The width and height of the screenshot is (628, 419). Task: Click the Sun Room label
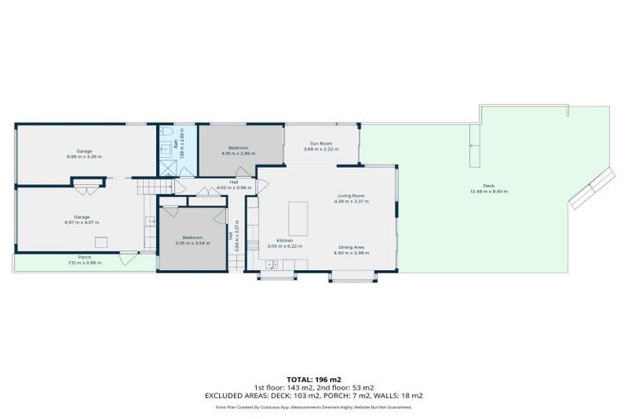[x=320, y=142]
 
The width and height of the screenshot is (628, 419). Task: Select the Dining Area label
[x=352, y=246]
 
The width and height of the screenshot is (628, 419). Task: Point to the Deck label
[x=488, y=186]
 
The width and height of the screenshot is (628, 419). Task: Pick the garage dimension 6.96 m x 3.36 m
[x=84, y=156]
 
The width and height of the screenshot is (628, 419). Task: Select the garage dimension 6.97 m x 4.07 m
[x=84, y=222]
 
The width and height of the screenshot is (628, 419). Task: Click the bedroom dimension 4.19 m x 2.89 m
[x=238, y=153]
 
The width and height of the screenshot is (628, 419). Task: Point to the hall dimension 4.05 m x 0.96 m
[x=233, y=187]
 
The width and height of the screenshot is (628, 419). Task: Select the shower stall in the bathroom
[x=168, y=167]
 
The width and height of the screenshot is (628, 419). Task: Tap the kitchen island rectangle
[x=298, y=213]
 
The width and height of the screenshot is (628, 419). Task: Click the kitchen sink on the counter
[x=271, y=264]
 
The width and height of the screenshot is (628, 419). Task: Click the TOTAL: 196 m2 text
[x=314, y=380]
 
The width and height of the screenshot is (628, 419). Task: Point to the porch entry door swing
[x=126, y=259]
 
